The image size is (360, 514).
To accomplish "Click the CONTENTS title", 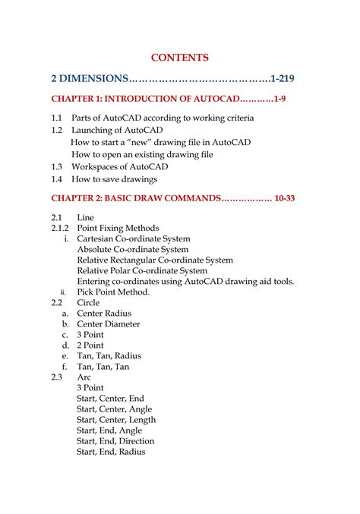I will click(179, 57).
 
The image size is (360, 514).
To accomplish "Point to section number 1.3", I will click(57, 166).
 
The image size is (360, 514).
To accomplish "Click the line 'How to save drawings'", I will click(114, 179).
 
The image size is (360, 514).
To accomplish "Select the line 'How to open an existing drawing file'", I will click(142, 154).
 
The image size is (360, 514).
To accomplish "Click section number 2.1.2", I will click(60, 228).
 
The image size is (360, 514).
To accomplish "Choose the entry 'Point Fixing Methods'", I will click(118, 228).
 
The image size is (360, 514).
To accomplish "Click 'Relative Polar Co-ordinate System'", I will click(142, 270).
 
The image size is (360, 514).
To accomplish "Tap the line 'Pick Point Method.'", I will click(113, 292).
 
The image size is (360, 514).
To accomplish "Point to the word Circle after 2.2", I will click(88, 302).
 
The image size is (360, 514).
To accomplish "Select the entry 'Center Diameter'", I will click(109, 323).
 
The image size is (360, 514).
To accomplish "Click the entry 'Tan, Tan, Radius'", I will click(109, 355).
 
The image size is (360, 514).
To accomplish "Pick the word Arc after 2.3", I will click(84, 377).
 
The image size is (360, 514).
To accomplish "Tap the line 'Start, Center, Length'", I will click(116, 419).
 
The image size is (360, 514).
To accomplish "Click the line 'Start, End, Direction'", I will click(115, 440).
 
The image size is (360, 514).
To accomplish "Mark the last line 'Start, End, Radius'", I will click(111, 451).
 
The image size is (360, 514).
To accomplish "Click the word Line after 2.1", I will click(86, 217).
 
